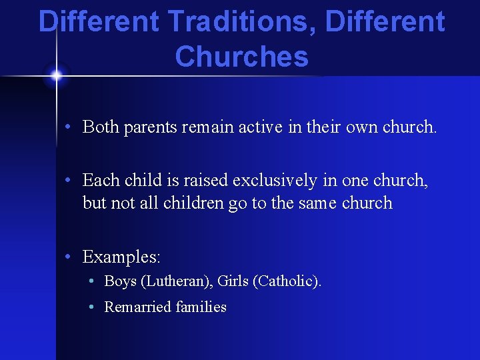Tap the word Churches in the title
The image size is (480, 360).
pos(241,57)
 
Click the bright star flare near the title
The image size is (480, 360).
pos(56,75)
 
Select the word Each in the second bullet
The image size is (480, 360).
pos(101,180)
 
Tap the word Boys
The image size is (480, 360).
pos(121,281)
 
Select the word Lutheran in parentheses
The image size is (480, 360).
pos(175,281)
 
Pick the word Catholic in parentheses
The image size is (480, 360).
pos(285,281)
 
